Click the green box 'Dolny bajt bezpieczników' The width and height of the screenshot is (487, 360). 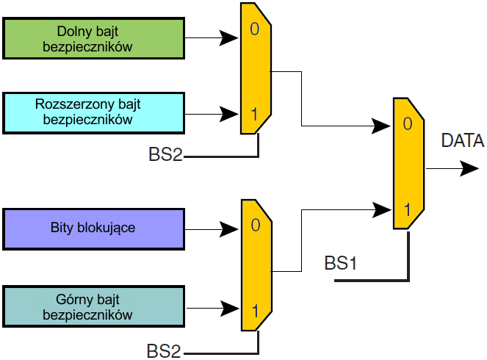pos(94,39)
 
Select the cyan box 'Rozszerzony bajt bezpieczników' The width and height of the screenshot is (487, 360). pos(94,112)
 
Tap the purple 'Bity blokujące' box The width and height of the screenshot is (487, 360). pos(94,228)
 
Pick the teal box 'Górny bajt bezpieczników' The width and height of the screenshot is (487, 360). pos(94,307)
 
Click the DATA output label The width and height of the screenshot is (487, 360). pos(462,141)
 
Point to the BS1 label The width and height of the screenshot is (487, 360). pos(341,263)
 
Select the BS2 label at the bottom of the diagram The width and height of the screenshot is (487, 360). pos(165,351)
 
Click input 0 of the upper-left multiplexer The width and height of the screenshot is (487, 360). pos(255,32)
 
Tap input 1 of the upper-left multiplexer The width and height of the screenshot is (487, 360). pos(255,115)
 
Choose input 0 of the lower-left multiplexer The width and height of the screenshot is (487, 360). pos(255,225)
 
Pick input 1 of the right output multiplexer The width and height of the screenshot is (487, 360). pos(407,209)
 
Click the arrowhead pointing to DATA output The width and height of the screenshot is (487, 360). pos(469,169)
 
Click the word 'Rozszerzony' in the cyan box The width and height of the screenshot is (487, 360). pos(71,104)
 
